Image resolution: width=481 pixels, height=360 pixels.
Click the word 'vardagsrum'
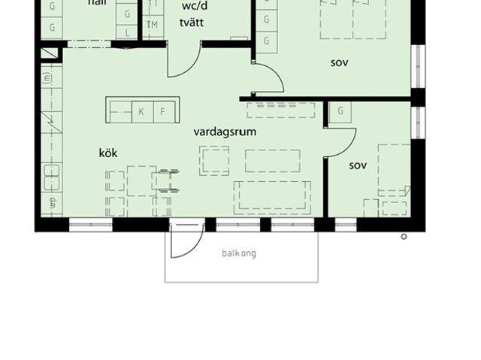tap(225, 132)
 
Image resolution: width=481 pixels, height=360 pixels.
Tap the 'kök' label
tap(108, 153)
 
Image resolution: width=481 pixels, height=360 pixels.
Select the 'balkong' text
tap(239, 253)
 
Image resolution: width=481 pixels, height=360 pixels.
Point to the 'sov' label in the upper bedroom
tap(340, 62)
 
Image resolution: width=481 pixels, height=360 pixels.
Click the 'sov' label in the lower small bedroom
tap(358, 165)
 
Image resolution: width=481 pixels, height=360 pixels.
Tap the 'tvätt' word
tap(192, 22)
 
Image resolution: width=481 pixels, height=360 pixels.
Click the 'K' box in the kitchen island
tap(141, 112)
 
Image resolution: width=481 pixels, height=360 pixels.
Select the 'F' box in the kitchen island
tap(162, 112)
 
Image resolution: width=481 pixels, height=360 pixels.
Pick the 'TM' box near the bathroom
tap(152, 25)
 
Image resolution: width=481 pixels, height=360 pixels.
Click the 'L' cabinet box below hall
tap(128, 33)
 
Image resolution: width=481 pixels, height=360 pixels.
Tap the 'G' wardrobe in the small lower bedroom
tap(340, 111)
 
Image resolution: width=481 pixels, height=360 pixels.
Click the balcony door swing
tap(185, 241)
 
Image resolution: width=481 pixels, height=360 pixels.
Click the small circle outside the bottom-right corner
tap(404, 237)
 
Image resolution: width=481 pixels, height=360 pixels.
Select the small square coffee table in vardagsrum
tap(214, 160)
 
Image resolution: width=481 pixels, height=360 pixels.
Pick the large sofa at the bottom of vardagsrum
tap(272, 195)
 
